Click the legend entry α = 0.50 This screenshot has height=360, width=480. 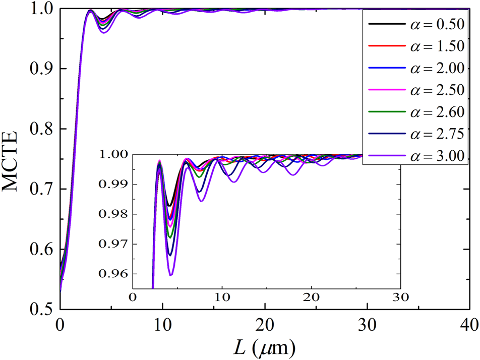point(416,23)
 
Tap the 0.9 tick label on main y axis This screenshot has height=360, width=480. point(41,69)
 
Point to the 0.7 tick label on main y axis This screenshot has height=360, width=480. point(41,189)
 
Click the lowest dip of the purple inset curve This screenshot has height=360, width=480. point(171,275)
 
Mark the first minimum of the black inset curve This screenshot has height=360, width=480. point(170,206)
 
